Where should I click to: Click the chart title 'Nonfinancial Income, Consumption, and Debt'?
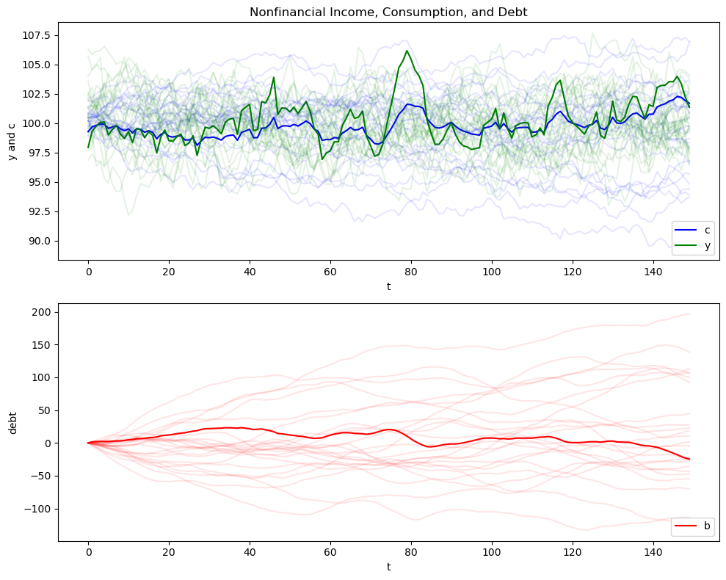click(x=388, y=12)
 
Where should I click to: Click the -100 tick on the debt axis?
click(x=37, y=509)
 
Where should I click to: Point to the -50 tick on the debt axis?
click(x=40, y=476)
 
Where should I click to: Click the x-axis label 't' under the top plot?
click(x=388, y=286)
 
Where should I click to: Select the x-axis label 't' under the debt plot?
click(x=388, y=568)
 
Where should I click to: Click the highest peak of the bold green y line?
click(x=407, y=51)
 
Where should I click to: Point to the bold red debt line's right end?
click(x=689, y=459)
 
